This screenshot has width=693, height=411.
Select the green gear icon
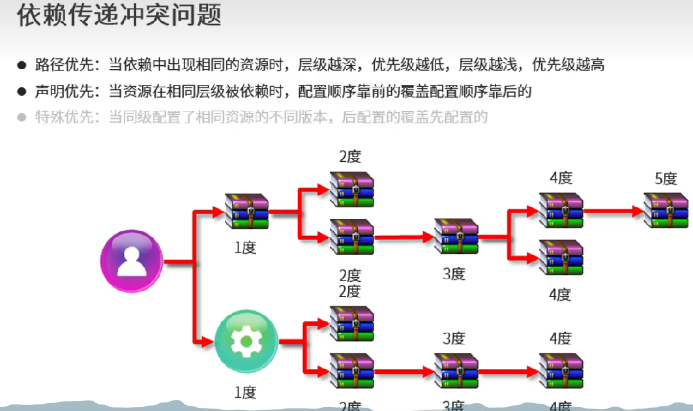[x=246, y=341]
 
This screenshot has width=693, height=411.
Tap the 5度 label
[x=666, y=179]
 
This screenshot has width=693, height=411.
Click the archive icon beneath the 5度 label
[x=666, y=209]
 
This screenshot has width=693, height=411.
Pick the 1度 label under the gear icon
[x=245, y=392]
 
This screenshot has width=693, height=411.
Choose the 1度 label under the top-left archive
[x=245, y=248]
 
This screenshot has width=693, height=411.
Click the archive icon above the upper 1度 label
[x=246, y=211]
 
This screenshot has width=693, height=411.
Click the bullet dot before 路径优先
[x=22, y=65]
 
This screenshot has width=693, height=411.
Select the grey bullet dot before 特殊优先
[x=22, y=118]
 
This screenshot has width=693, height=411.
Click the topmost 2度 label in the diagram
[x=350, y=157]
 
